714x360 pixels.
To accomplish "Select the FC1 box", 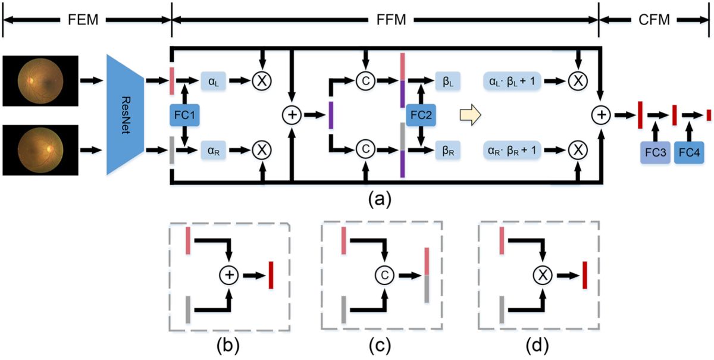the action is (184, 115).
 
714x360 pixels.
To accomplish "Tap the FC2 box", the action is (421, 115).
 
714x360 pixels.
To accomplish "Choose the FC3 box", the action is (655, 152).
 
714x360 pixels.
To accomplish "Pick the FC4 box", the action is (689, 152).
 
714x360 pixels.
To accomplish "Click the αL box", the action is (213, 81).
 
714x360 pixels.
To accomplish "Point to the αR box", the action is (213, 150).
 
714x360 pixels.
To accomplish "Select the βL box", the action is (448, 81).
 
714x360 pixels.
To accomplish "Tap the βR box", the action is (448, 150).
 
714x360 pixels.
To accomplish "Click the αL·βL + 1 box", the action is (512, 81).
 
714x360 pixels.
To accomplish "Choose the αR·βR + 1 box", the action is (512, 150).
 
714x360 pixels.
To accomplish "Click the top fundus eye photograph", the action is (40, 81).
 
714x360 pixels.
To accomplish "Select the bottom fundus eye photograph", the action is (40, 150).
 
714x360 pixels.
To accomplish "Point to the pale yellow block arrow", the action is (471, 115).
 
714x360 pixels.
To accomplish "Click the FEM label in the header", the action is (83, 20).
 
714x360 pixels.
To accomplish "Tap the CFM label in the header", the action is (654, 20).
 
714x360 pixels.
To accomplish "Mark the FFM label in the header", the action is (391, 20).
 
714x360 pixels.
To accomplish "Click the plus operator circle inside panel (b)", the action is (229, 275).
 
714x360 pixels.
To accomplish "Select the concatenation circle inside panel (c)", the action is (385, 275).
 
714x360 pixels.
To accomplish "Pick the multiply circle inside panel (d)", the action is (543, 275).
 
